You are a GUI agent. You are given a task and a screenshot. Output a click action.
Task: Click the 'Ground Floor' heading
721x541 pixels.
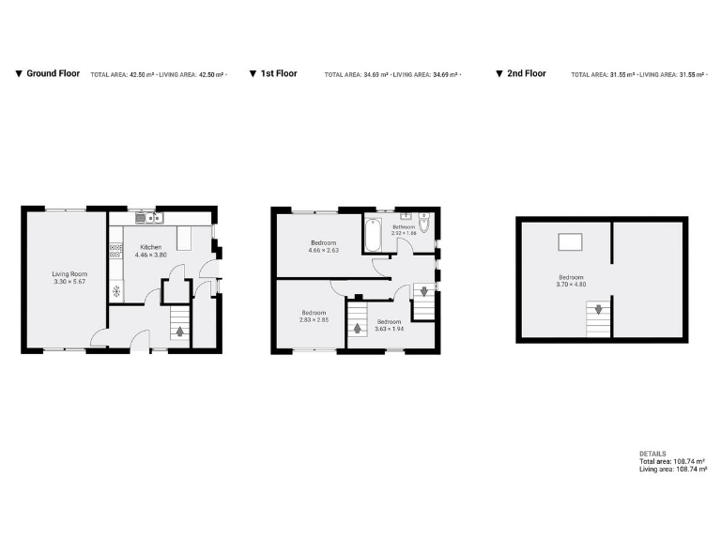click(53, 73)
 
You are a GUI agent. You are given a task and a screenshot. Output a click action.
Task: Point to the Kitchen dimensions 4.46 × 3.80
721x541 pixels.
click(150, 255)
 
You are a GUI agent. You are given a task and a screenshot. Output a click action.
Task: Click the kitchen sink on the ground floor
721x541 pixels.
click(148, 219)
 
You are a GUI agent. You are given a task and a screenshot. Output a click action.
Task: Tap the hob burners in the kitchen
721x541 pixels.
click(116, 251)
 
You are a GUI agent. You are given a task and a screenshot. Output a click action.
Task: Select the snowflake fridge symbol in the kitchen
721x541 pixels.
click(116, 290)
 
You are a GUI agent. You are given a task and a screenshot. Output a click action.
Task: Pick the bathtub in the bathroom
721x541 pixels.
click(372, 235)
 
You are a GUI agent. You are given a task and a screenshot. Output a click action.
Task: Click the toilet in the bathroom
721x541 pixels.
click(424, 225)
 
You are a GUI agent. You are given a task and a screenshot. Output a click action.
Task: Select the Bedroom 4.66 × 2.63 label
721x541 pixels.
click(324, 247)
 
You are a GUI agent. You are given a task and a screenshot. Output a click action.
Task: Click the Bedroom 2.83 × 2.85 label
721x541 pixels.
click(314, 317)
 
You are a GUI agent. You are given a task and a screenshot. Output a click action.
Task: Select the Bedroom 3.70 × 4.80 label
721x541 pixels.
click(571, 281)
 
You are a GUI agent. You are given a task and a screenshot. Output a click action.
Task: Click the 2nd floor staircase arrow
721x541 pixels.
click(597, 309)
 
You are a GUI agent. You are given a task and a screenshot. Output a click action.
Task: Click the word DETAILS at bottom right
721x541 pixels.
click(652, 454)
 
